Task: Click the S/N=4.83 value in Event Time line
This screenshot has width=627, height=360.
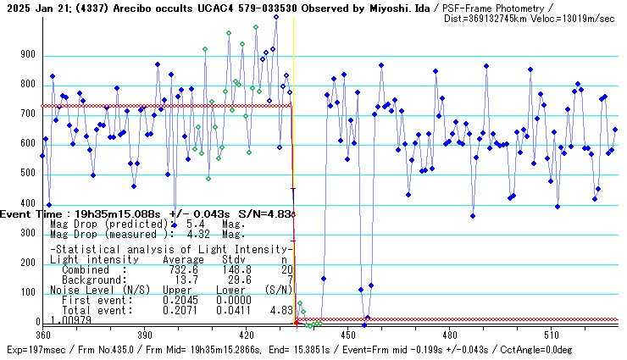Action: pyautogui.click(x=269, y=214)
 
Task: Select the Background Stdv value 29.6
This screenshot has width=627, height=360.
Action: pyautogui.click(x=233, y=280)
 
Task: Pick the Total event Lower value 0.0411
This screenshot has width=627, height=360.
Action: pyautogui.click(x=233, y=310)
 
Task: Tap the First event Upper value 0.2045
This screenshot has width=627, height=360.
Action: pyautogui.click(x=180, y=300)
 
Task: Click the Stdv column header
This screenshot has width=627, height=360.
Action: pyautogui.click(x=233, y=259)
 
